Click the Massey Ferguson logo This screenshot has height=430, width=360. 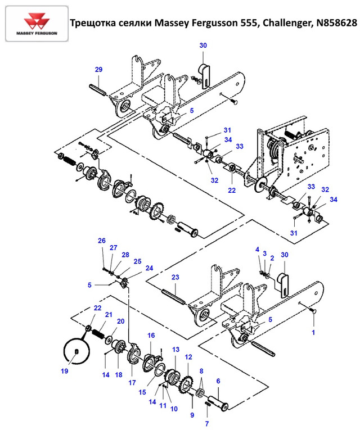pos(37,24)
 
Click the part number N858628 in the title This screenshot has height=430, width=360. pos(337,22)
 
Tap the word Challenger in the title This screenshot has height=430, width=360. pos(287,23)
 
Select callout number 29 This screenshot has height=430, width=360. pos(98,69)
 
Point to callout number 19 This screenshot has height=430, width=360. pos(65,371)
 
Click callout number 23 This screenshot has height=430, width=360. pos(175,277)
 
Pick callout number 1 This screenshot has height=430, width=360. pos(313,332)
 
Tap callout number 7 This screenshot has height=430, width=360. pos(207,424)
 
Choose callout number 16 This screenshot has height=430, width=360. pos(151,335)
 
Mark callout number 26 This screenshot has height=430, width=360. pos(101,241)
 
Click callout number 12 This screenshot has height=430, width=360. pos(188,357)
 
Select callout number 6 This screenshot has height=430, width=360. pos(218,381)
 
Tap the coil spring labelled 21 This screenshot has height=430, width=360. pos(99,334)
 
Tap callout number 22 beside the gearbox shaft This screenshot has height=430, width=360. pos(232,190)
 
